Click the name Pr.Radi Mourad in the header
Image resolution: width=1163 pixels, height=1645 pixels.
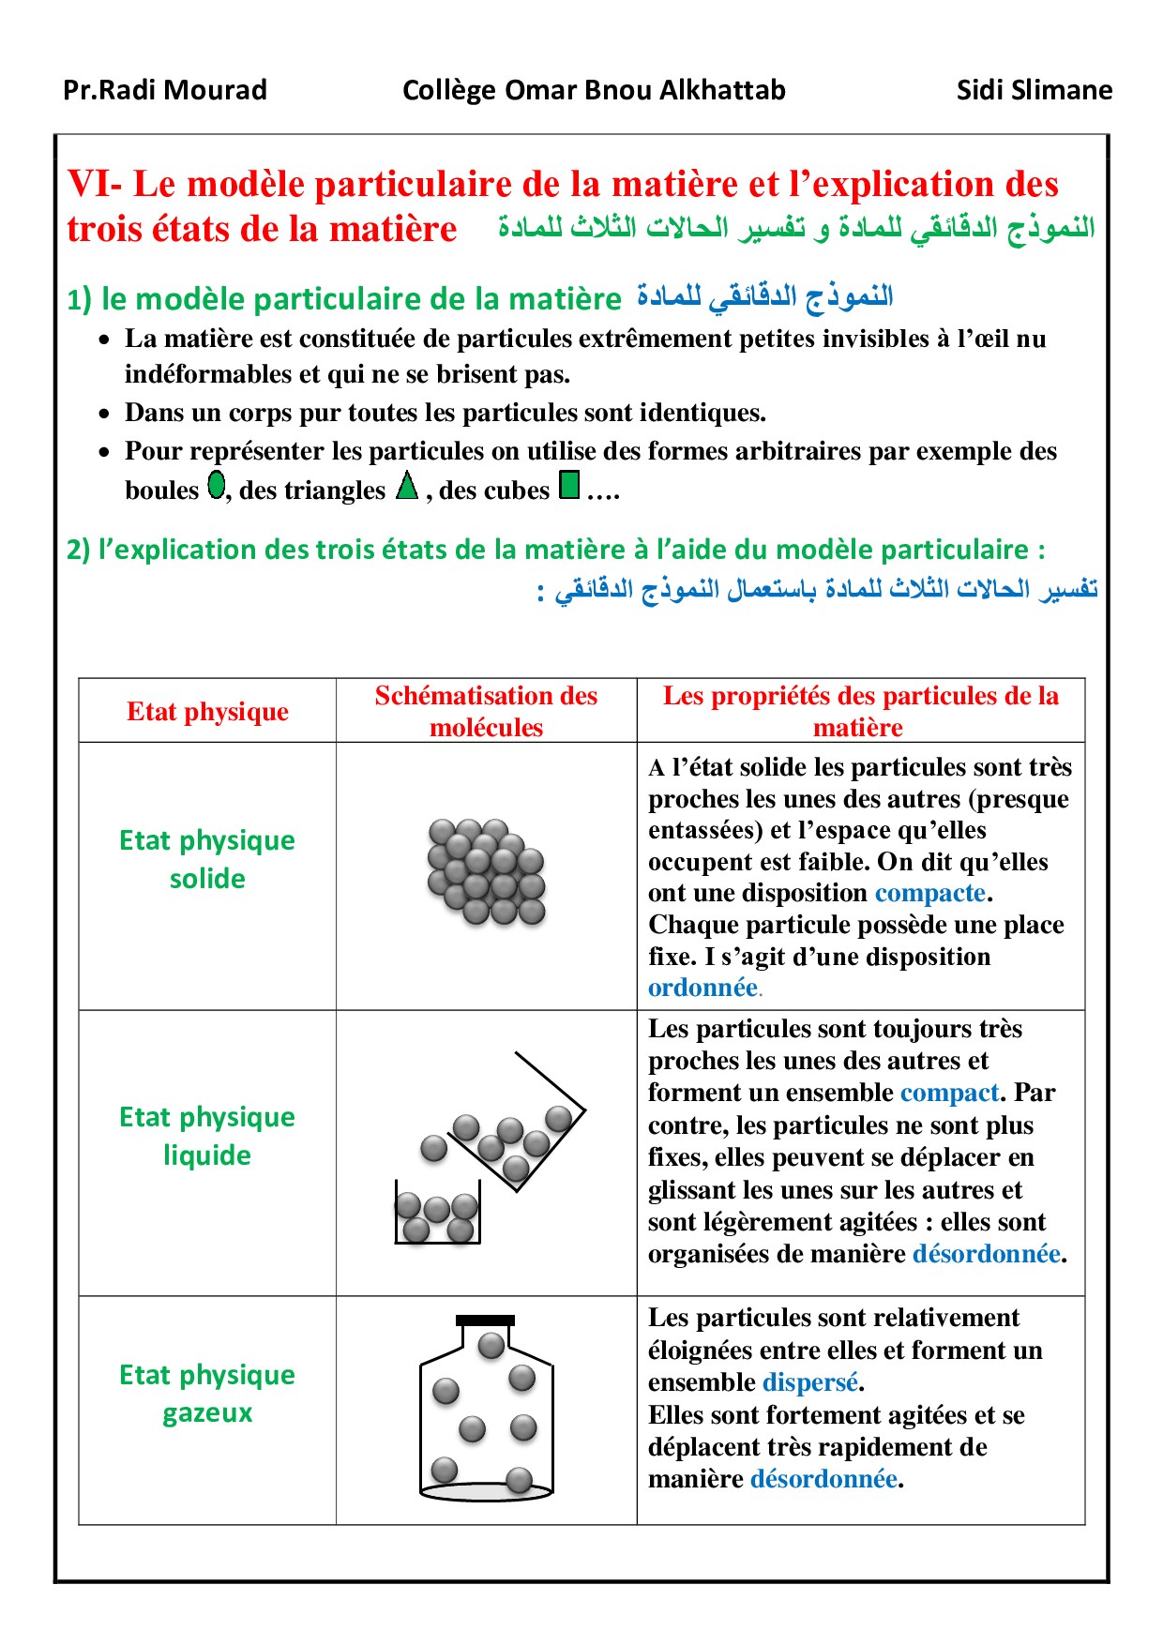165,90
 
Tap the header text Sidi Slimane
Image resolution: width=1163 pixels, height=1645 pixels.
1034,90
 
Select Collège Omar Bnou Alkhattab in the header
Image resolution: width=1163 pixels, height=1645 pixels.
594,90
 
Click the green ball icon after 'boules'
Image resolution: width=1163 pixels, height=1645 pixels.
217,485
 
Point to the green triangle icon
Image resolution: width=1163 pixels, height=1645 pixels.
407,486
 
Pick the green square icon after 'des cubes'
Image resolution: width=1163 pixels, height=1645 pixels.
569,485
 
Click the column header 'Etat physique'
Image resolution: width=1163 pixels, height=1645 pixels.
207,712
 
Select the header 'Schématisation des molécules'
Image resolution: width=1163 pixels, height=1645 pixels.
486,711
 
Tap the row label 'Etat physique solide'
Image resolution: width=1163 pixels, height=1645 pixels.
207,859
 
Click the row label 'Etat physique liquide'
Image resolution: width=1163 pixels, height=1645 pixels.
207,1136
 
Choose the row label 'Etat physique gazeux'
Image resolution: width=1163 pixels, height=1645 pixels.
207,1394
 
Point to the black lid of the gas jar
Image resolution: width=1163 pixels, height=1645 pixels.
485,1320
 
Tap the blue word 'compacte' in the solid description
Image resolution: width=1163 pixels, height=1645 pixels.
929,893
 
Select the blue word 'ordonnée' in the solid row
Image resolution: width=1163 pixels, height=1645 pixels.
702,988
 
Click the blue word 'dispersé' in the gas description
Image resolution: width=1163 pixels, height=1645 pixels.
810,1382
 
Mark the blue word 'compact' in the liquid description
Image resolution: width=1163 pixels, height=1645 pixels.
949,1093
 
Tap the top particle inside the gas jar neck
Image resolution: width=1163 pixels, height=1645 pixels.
491,1346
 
